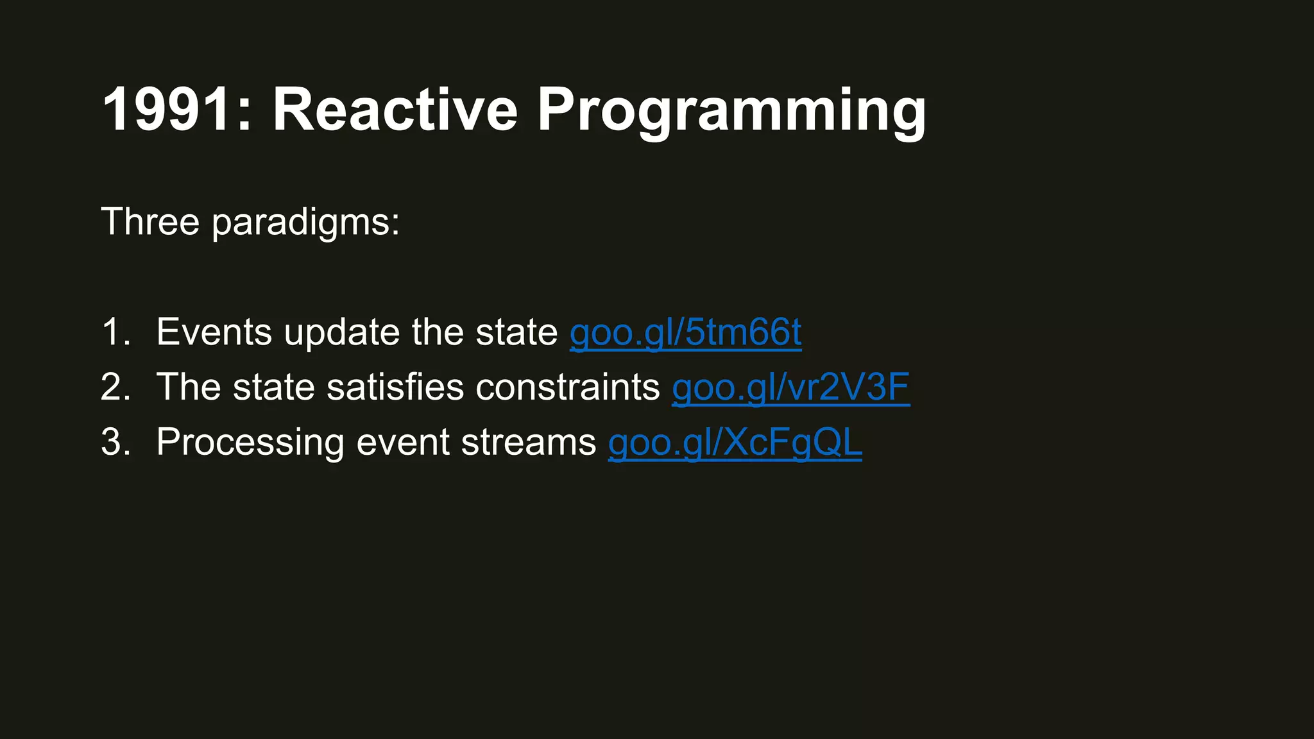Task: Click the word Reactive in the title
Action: coord(395,110)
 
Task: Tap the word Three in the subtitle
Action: coord(150,222)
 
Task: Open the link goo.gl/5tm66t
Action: coord(685,332)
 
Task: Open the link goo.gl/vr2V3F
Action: coord(790,387)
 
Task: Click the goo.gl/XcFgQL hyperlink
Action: coord(735,443)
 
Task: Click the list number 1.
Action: coord(114,332)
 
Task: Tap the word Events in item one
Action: coord(214,332)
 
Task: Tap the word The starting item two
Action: coord(189,387)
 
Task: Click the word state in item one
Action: coord(516,332)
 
